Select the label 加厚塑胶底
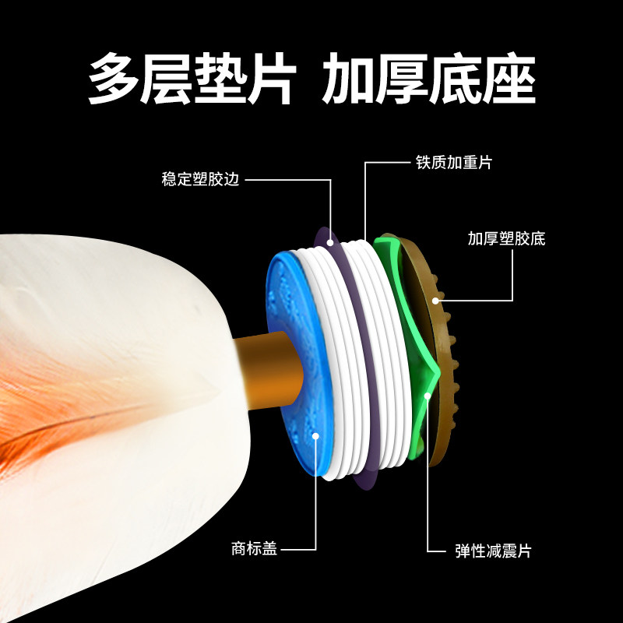pyautogui.click(x=506, y=239)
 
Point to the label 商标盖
pyautogui.click(x=254, y=548)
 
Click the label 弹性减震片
pyautogui.click(x=493, y=551)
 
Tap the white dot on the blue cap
pyautogui.click(x=315, y=435)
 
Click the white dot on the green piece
pyautogui.click(x=428, y=396)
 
